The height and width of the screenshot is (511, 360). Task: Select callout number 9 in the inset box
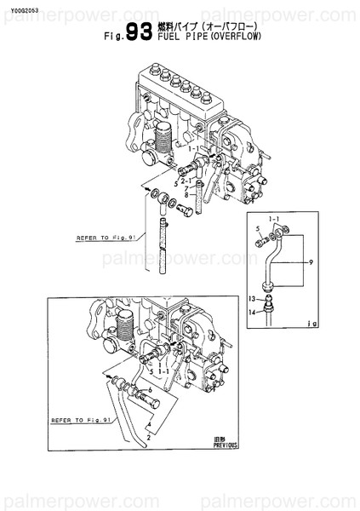312,261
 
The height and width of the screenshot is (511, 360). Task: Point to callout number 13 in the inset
252,300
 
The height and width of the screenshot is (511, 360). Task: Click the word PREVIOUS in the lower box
227,445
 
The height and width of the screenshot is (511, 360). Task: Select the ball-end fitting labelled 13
269,300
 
